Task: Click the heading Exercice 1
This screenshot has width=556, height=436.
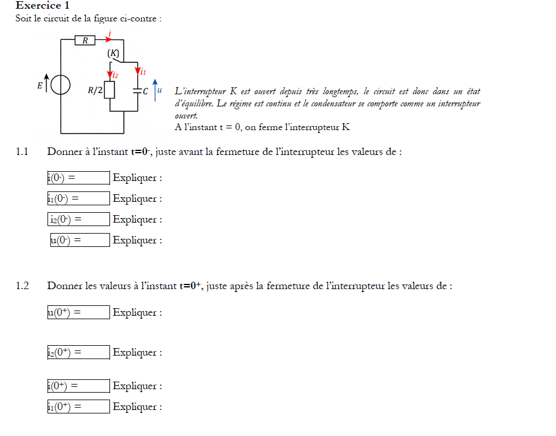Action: point(43,6)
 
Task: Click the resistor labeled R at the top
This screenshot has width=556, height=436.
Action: point(85,40)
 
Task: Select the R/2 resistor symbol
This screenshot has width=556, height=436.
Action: point(110,90)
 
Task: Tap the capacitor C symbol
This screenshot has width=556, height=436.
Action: point(138,91)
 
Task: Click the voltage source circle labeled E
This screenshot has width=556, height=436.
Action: point(61,86)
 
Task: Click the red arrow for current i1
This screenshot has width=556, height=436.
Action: point(138,72)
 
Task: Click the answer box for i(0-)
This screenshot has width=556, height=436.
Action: point(79,178)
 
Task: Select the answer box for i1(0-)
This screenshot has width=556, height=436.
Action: point(79,198)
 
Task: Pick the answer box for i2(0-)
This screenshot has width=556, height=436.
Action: point(79,219)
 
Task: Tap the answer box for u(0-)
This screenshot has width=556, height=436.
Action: point(81,240)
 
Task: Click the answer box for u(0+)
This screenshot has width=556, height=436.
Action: point(79,312)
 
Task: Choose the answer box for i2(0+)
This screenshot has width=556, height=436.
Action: point(79,352)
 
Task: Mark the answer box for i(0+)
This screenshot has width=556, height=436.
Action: point(79,386)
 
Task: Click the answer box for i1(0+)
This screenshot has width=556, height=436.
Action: point(79,407)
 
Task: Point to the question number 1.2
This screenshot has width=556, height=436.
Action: point(22,286)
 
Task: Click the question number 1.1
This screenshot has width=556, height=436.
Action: point(22,152)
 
